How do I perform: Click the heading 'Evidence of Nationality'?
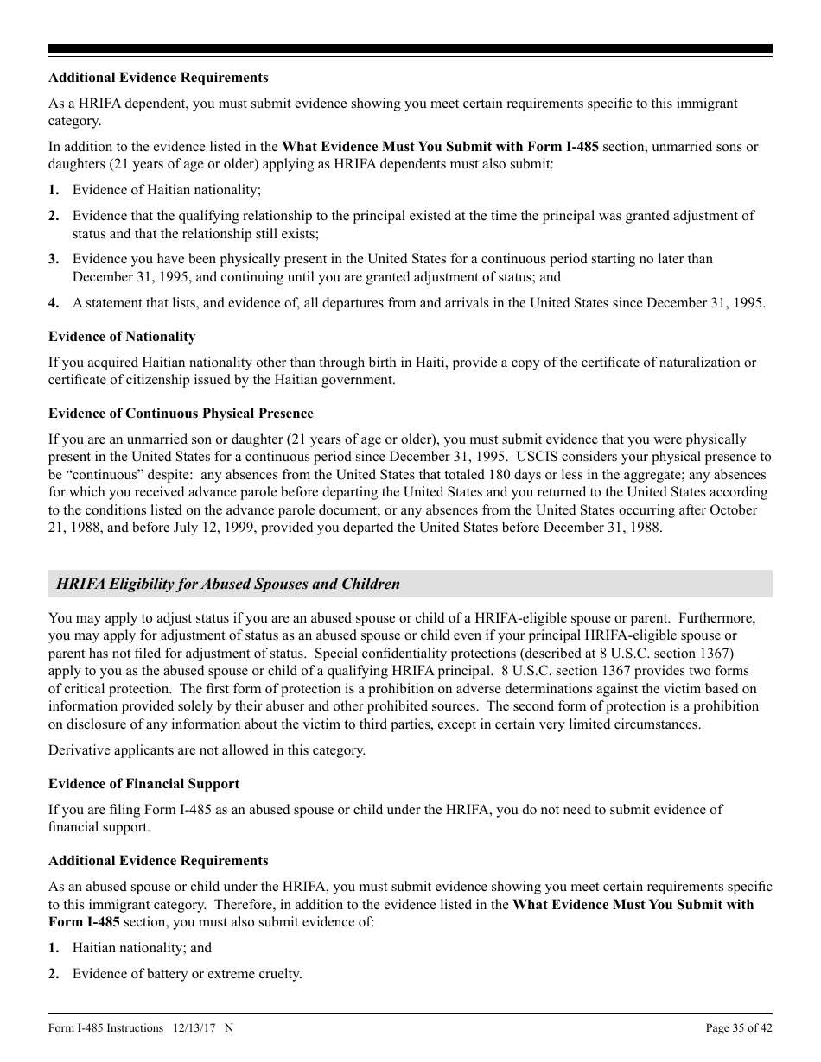pos(122,337)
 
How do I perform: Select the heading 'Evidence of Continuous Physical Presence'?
pos(181,414)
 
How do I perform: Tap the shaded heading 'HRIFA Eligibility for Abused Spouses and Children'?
pos(228,584)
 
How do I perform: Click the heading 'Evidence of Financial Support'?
pos(143,784)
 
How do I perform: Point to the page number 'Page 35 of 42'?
pos(739,1027)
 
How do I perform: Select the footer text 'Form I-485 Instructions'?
pos(106,1027)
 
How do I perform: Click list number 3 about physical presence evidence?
pos(54,259)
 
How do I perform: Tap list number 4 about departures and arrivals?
pos(54,303)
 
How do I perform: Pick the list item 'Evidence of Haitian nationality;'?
pos(166,190)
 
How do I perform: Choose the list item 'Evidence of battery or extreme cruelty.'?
pos(187,974)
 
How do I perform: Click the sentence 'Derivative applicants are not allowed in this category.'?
pos(207,750)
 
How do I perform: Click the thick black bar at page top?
pos(410,49)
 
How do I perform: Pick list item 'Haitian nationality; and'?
pos(142,948)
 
